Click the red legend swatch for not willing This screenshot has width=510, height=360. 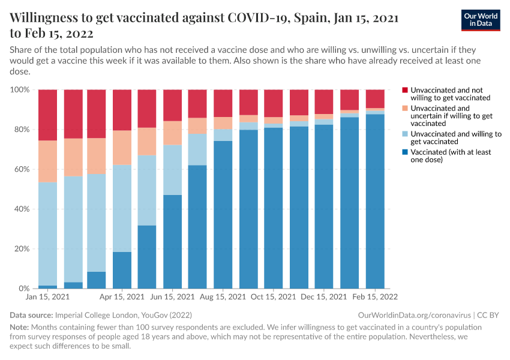405,90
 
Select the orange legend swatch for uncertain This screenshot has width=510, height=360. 405,109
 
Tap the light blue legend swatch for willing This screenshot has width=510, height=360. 405,134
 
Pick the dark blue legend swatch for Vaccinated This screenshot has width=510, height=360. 405,152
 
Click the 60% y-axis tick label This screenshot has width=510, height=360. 21,169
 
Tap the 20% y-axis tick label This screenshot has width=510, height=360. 21,249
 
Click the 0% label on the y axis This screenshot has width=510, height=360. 23,289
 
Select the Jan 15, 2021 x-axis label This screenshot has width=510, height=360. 47,297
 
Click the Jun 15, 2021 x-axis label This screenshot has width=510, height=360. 173,297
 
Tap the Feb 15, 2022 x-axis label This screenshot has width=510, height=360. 373,297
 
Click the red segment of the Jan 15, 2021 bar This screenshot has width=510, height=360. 47,115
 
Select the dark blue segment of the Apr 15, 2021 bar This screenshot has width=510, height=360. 122,270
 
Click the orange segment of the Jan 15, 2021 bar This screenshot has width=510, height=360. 47,161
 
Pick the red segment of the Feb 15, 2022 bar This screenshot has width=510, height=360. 375,98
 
